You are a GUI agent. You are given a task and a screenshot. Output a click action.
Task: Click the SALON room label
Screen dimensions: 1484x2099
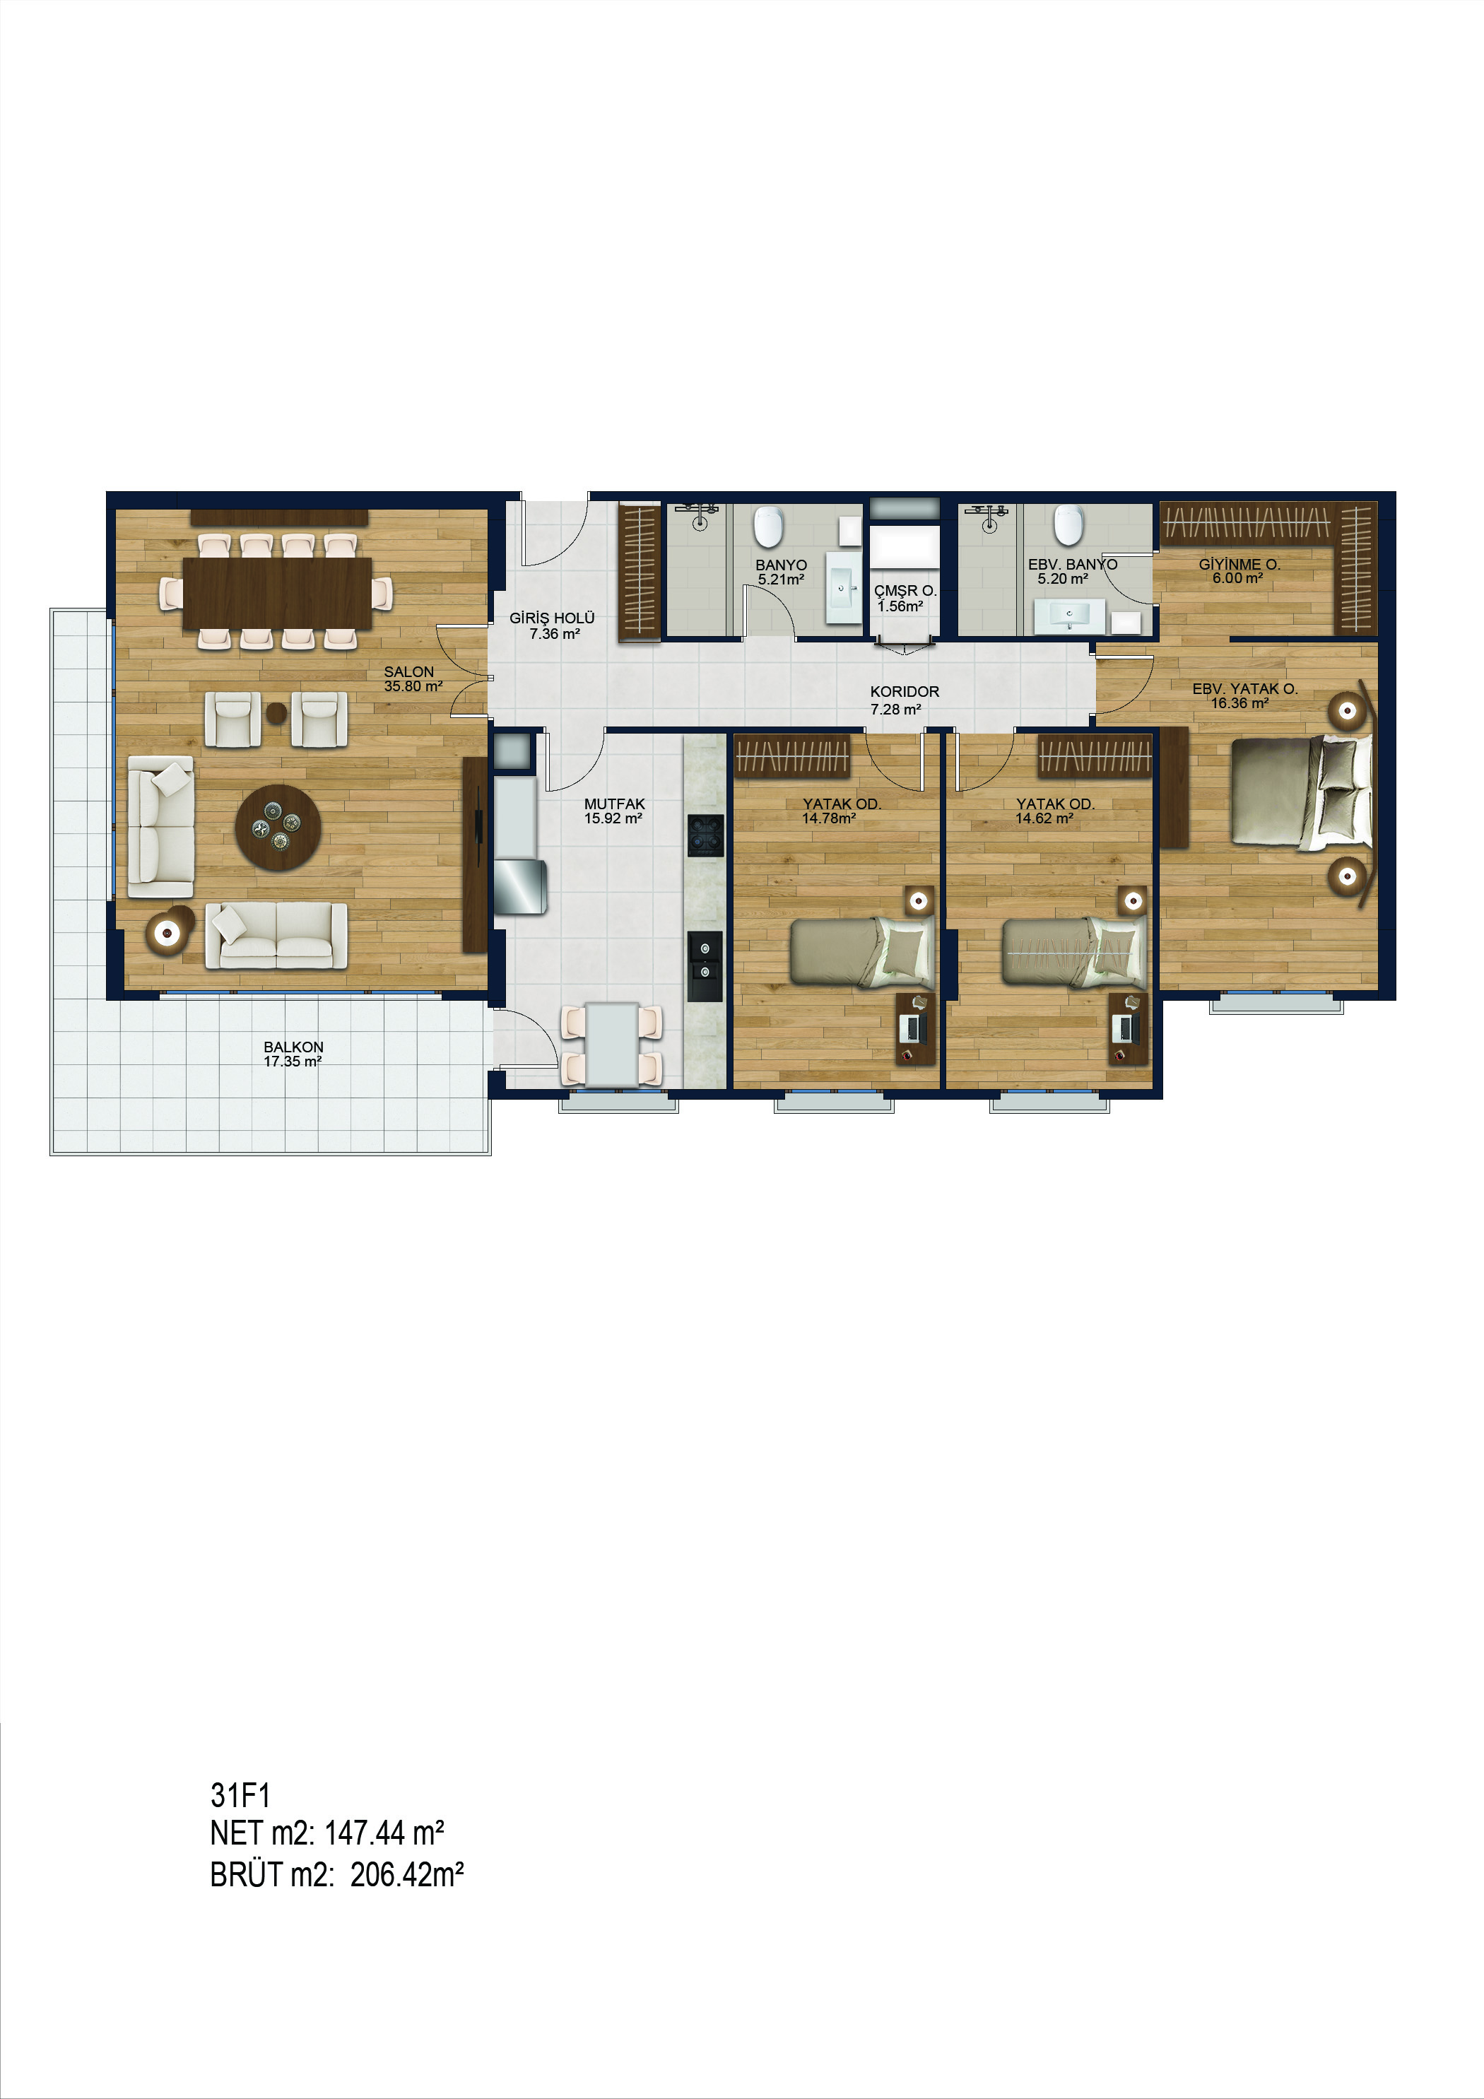tap(408, 671)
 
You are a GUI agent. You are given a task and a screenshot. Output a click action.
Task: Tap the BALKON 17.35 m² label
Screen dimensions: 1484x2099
tap(293, 1054)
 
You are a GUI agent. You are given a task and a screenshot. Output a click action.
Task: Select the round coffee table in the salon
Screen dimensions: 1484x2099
tap(278, 828)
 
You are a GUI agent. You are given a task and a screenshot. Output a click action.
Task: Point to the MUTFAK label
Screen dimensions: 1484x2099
tap(615, 804)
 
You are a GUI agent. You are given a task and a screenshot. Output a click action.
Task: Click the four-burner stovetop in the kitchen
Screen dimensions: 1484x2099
tap(705, 835)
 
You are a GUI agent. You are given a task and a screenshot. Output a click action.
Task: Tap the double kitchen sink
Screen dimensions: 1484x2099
tap(705, 965)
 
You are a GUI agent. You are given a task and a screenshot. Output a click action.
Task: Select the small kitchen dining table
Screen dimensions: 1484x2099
tap(613, 1044)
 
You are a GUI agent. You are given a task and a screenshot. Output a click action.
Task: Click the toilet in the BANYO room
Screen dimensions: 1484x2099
tap(769, 527)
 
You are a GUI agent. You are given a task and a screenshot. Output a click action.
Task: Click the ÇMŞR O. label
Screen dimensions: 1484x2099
tap(905, 591)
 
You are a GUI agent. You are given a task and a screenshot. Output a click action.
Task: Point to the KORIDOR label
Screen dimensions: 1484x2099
tap(905, 691)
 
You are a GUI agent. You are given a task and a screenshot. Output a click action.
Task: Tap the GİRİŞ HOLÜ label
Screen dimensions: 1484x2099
tap(553, 618)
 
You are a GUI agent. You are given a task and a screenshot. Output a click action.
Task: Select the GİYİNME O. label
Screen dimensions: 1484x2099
tap(1240, 564)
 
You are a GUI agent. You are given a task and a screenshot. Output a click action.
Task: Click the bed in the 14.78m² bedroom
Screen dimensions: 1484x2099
tap(862, 953)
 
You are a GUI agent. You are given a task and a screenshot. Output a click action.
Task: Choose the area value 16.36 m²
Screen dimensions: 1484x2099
tap(1240, 703)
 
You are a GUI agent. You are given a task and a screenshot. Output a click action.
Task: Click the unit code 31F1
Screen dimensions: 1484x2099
tap(240, 1796)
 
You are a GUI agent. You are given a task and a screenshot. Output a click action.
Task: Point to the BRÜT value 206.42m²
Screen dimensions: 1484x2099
tap(407, 1874)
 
